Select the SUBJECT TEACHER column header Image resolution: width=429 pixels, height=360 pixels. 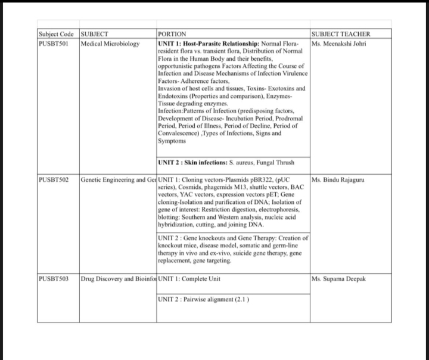coord(340,35)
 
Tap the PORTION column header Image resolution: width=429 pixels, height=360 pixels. coord(172,35)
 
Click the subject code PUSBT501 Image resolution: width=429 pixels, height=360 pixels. coord(53,44)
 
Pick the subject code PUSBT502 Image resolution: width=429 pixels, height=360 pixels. coord(53,179)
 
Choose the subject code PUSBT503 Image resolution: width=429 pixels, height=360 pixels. coord(53,278)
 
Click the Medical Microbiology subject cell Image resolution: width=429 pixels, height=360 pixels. coord(110,44)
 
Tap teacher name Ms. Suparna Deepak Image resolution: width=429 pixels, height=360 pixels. coord(338,278)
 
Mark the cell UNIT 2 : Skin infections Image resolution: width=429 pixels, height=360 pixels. coord(226,162)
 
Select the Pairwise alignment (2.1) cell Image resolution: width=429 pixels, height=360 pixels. coord(203,299)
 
